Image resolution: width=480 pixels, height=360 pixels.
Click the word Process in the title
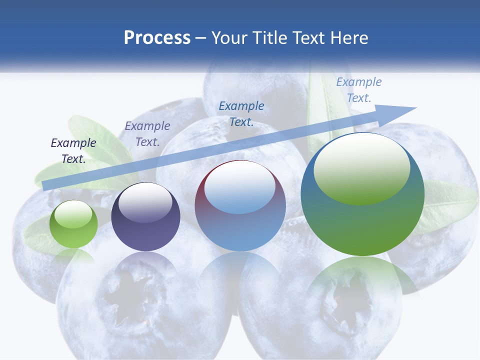157,38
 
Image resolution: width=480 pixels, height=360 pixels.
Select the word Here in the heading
348,38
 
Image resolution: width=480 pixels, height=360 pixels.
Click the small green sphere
73,224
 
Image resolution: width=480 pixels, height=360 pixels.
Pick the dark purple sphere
145,217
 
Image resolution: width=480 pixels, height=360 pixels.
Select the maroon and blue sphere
240,206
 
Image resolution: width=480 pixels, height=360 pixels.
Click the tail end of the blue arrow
46,186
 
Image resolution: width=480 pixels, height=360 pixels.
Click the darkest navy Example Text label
73,150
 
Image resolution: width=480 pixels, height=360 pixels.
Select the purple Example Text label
147,133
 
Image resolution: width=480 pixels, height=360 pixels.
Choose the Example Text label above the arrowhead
359,90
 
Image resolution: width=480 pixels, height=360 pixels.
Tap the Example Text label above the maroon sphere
241,113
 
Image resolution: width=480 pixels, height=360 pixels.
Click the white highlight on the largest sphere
361,167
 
